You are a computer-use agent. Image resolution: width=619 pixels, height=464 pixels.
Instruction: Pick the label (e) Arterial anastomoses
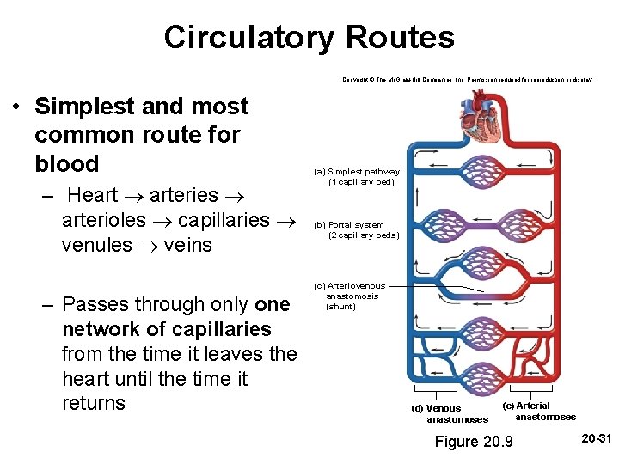pyautogui.click(x=526, y=406)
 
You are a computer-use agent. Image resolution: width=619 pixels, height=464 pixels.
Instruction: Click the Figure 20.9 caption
pyautogui.click(x=474, y=442)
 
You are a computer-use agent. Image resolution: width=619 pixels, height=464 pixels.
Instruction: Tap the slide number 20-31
pyautogui.click(x=595, y=438)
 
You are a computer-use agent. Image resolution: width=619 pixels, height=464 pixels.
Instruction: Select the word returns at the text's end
pyautogui.click(x=94, y=404)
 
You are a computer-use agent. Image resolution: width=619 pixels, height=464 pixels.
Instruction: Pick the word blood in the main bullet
pyautogui.click(x=67, y=163)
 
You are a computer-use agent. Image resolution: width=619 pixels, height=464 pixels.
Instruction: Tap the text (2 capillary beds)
pyautogui.click(x=364, y=235)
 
